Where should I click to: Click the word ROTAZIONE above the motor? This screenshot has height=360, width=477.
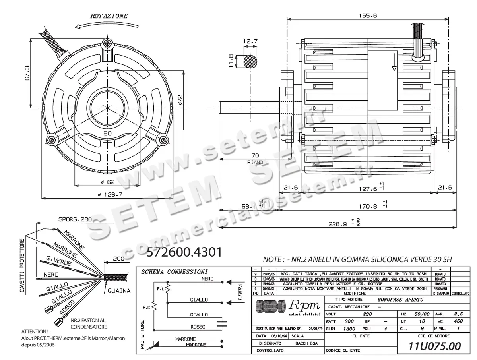pyautogui.click(x=109, y=16)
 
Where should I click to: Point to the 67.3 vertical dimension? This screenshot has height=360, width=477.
pyautogui.click(x=27, y=73)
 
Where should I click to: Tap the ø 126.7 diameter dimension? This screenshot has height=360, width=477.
pyautogui.click(x=108, y=195)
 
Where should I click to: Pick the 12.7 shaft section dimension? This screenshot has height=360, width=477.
pyautogui.click(x=250, y=41)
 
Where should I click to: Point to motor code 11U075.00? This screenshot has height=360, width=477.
pyautogui.click(x=435, y=346)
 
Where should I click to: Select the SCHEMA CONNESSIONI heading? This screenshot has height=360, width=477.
pyautogui.click(x=175, y=272)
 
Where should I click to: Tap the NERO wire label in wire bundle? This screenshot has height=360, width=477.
pyautogui.click(x=51, y=275)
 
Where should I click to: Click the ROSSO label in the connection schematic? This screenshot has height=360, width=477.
pyautogui.click(x=198, y=327)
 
